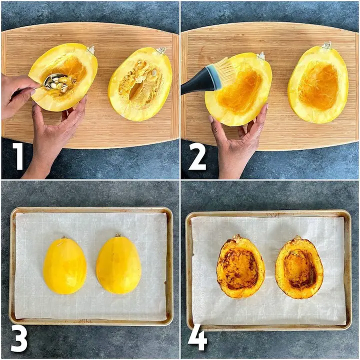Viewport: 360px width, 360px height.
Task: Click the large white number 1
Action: [x=19, y=156]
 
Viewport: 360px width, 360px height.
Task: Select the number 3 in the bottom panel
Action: [x=19, y=337]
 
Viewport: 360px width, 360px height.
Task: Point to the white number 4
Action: [x=197, y=337]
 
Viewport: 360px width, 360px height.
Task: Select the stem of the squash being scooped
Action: [x=91, y=49]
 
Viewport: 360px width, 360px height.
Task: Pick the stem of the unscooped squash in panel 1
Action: [x=161, y=50]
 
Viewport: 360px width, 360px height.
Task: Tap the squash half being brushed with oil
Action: [x=238, y=89]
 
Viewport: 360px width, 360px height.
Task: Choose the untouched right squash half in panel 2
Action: [x=318, y=84]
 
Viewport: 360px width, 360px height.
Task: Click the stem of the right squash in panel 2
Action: [x=326, y=45]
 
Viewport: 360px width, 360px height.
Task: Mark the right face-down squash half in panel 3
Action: [x=118, y=264]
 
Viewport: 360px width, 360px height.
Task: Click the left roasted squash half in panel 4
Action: [x=240, y=266]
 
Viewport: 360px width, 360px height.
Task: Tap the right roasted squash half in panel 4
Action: [x=299, y=267]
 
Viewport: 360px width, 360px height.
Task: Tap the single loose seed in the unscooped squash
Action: [x=154, y=72]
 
